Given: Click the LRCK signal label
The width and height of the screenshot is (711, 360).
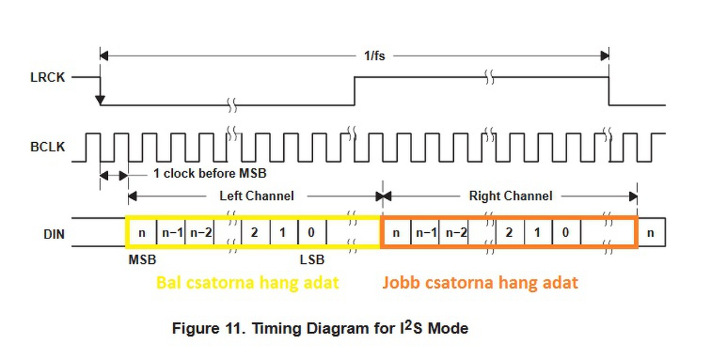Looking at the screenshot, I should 47,77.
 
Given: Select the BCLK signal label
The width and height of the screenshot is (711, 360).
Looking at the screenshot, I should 47,147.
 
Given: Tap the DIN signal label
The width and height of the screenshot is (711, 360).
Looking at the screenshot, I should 54,234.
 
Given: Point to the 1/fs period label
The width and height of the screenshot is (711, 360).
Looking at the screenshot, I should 374,56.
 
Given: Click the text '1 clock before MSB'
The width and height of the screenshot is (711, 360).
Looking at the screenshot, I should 210,174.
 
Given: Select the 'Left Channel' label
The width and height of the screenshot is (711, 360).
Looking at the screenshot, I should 256,196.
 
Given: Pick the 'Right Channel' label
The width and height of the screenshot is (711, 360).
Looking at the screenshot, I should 510,196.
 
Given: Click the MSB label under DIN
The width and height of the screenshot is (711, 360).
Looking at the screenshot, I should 142,259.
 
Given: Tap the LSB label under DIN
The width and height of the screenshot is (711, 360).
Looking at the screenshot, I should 312,259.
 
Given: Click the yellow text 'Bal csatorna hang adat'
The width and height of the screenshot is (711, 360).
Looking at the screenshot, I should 247,283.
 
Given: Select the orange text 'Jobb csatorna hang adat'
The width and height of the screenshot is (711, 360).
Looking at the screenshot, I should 480,283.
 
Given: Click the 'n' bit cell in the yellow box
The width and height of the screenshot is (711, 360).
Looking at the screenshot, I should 142,233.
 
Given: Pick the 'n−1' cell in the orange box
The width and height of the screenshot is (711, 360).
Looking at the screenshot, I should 426,233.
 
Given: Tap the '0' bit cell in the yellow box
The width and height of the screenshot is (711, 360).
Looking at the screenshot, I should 311,233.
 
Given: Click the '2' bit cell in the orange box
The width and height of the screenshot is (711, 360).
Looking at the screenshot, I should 509,233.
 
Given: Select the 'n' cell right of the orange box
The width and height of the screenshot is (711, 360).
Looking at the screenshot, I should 650,233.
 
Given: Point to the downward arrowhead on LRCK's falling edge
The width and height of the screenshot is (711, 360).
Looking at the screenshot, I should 100,100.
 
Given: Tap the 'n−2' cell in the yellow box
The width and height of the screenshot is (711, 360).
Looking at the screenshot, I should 201,233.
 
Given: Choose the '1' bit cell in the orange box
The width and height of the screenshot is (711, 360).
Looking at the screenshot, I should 537,233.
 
